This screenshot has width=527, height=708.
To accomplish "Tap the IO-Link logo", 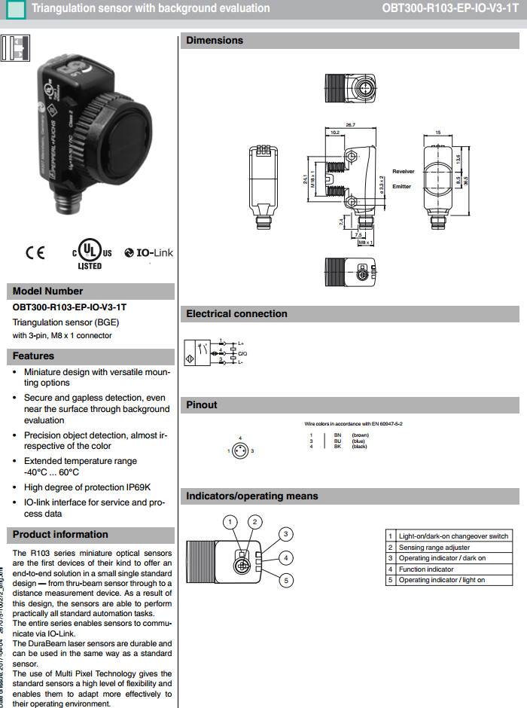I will pos(149,253).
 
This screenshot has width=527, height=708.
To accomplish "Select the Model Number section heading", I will pos(48,291).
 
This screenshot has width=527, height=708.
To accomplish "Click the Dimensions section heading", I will pos(215,41).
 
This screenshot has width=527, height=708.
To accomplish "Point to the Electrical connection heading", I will pos(236,314).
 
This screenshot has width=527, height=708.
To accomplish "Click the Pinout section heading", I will pos(202,405).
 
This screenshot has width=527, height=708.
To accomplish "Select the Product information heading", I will pos(60,535).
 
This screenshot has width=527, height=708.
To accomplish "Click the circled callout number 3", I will pos(285,533).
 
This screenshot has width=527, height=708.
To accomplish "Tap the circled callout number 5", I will pos(285,580).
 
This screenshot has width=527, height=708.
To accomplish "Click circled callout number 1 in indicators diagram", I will pos(231,521).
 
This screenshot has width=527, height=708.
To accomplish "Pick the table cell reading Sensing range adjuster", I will pos(434,548).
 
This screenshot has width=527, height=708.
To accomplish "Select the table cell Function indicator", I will pos(426,569).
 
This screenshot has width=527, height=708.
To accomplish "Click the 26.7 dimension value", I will pos(350,124).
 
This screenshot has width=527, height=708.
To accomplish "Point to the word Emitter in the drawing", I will pos(401,186).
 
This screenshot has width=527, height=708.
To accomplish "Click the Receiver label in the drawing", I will pos(403,172).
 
